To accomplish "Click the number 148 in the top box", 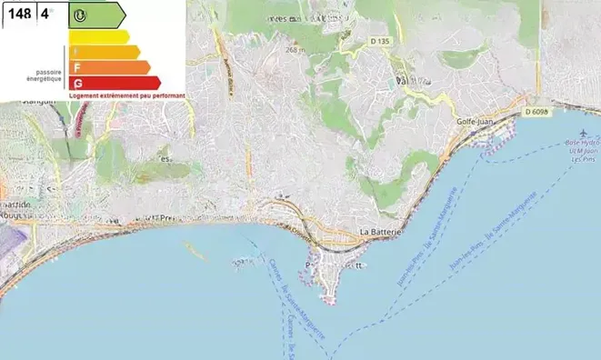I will (x=20, y=15).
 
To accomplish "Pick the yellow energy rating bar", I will (x=98, y=36).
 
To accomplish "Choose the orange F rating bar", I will (x=108, y=67).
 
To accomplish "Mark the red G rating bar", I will (x=114, y=83).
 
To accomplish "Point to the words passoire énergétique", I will (x=50, y=75).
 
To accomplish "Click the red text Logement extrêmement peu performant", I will (x=127, y=95).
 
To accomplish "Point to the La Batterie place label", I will (x=381, y=234).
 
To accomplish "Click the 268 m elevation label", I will (x=295, y=50).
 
